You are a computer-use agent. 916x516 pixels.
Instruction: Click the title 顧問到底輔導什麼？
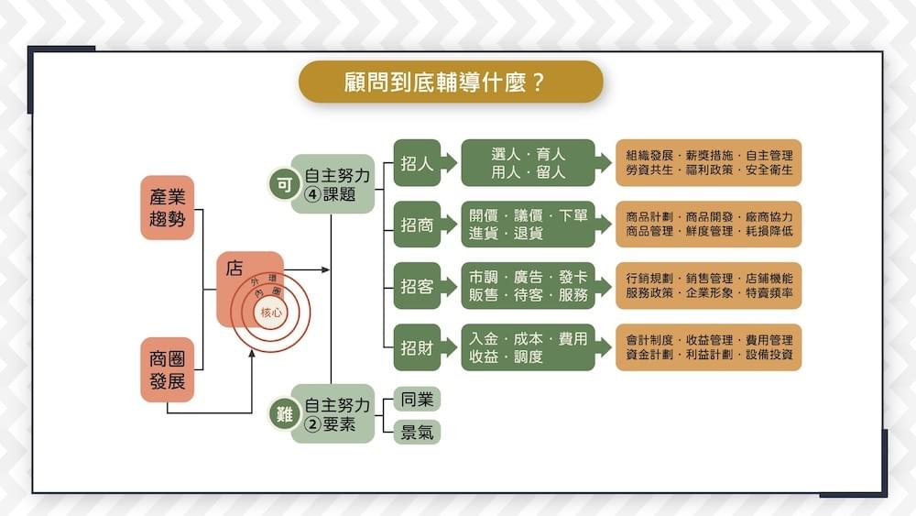(x=451, y=82)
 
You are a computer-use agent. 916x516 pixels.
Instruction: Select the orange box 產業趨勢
(x=168, y=207)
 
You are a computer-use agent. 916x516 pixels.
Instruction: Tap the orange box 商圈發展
(x=168, y=369)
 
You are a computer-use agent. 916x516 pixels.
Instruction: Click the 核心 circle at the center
(x=271, y=313)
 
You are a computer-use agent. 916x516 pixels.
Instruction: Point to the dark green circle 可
(x=283, y=183)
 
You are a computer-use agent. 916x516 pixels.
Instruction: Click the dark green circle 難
(x=283, y=414)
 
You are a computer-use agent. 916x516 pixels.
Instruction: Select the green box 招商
(x=418, y=225)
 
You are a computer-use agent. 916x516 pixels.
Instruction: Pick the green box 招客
(x=418, y=286)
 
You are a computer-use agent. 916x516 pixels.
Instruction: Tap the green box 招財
(x=418, y=347)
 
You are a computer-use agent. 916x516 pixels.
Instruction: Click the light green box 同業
(x=417, y=400)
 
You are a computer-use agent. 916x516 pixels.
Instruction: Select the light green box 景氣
(x=417, y=433)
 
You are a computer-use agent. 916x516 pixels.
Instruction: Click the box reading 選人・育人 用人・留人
(x=529, y=163)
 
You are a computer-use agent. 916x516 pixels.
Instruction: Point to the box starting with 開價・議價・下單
(x=529, y=225)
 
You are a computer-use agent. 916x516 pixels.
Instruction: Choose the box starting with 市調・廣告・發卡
(x=529, y=286)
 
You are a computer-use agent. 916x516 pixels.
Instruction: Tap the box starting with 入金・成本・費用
(x=529, y=347)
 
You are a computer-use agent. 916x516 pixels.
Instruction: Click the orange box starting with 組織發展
(x=709, y=163)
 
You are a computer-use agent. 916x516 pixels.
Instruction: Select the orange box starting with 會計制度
(x=709, y=347)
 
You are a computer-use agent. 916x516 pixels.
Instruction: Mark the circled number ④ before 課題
(x=312, y=194)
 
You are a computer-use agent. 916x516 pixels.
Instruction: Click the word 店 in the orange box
(x=234, y=269)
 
